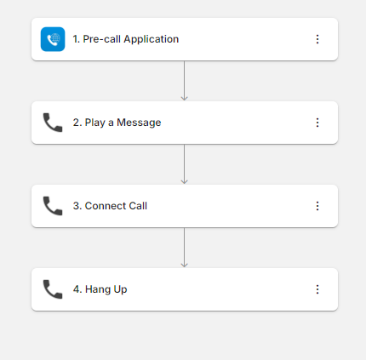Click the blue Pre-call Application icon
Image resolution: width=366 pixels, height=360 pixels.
53,39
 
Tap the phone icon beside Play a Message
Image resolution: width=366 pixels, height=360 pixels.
53,123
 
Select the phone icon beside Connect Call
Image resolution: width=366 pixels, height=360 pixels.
53,206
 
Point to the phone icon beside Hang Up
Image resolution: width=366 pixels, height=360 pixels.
53,289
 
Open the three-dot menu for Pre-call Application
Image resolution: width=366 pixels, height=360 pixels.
317,39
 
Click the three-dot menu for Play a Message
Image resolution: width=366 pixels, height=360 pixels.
317,123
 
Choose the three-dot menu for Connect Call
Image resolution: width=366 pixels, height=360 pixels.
317,206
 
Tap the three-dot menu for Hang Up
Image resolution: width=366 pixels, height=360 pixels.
317,289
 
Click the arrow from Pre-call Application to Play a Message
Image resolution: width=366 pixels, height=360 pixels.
185,81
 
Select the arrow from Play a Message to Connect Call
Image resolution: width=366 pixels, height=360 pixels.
185,164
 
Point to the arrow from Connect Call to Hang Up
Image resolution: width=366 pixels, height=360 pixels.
185,248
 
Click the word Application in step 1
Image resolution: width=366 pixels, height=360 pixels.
152,39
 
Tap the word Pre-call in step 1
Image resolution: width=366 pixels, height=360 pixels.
102,39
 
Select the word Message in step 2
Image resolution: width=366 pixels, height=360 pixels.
139,123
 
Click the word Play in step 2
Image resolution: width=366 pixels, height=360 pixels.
95,123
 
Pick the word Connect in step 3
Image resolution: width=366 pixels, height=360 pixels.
106,206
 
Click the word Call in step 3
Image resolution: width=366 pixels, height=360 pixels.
138,206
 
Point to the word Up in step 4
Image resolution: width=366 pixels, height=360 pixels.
120,289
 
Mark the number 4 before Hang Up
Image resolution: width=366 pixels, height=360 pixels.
77,289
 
